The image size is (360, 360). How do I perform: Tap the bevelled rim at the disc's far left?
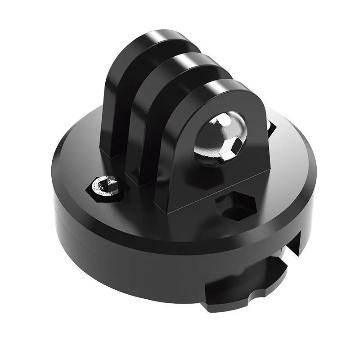[x=56, y=180]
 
